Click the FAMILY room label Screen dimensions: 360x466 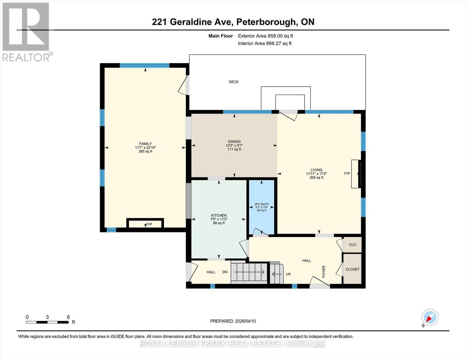coord(145,144)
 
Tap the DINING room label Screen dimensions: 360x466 coord(234,142)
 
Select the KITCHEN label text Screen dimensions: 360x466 coord(219,215)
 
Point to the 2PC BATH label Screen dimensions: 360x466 coord(261,204)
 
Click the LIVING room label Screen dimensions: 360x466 coord(316,170)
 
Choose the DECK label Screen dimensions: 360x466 coord(234,82)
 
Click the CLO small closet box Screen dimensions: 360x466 coord(352,245)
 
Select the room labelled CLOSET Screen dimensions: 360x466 coord(352,269)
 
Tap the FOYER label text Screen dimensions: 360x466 coord(324,271)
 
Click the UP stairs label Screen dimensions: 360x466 coord(288,274)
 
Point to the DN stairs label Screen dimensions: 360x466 coord(225,272)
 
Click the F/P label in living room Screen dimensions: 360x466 coord(347,173)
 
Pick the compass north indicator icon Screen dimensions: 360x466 coord(430,317)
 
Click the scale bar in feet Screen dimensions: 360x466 coord(47,322)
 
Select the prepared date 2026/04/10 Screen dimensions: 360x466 coord(233,321)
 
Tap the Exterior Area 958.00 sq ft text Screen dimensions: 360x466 coord(265,36)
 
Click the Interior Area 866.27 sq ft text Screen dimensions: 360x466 coord(265,43)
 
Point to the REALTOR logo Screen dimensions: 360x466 coord(26,31)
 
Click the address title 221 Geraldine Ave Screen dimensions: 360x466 coord(233,22)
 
